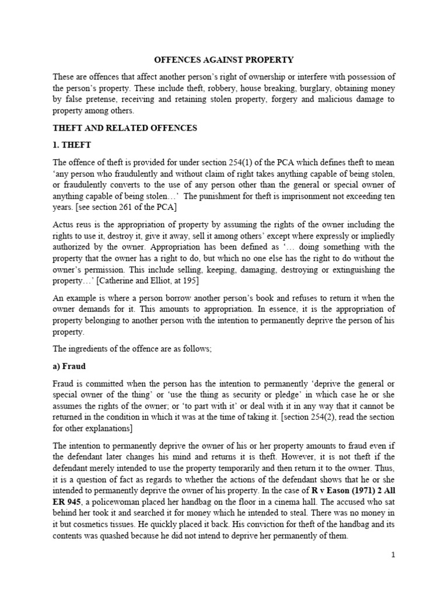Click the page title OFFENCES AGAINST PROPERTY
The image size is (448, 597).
click(x=223, y=60)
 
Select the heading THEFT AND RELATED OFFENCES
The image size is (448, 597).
click(x=125, y=128)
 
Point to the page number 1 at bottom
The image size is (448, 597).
click(x=394, y=555)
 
